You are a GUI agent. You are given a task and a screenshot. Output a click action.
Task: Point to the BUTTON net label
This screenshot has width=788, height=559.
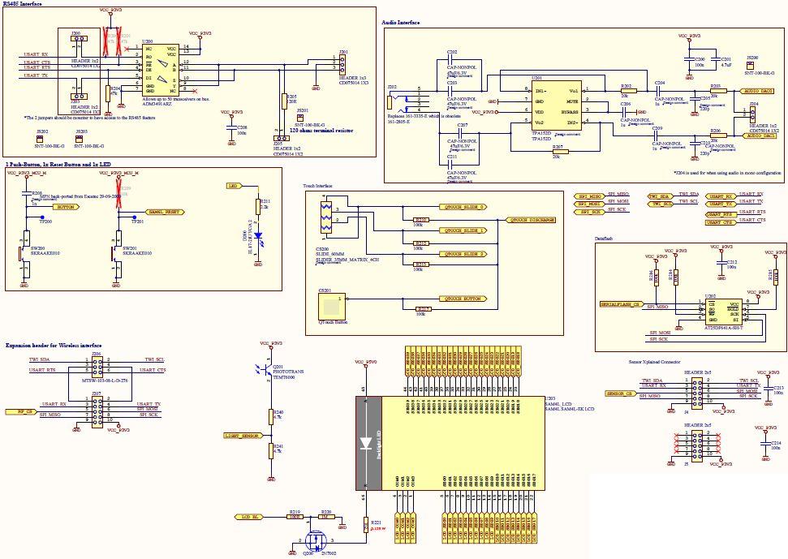click(x=67, y=207)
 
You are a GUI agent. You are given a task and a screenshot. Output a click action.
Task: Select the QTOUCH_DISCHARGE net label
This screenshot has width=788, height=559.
click(x=531, y=220)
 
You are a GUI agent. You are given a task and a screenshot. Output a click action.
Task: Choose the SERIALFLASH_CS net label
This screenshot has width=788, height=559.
click(x=621, y=303)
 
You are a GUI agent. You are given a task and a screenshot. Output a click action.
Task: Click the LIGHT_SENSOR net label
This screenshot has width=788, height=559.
click(x=241, y=436)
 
